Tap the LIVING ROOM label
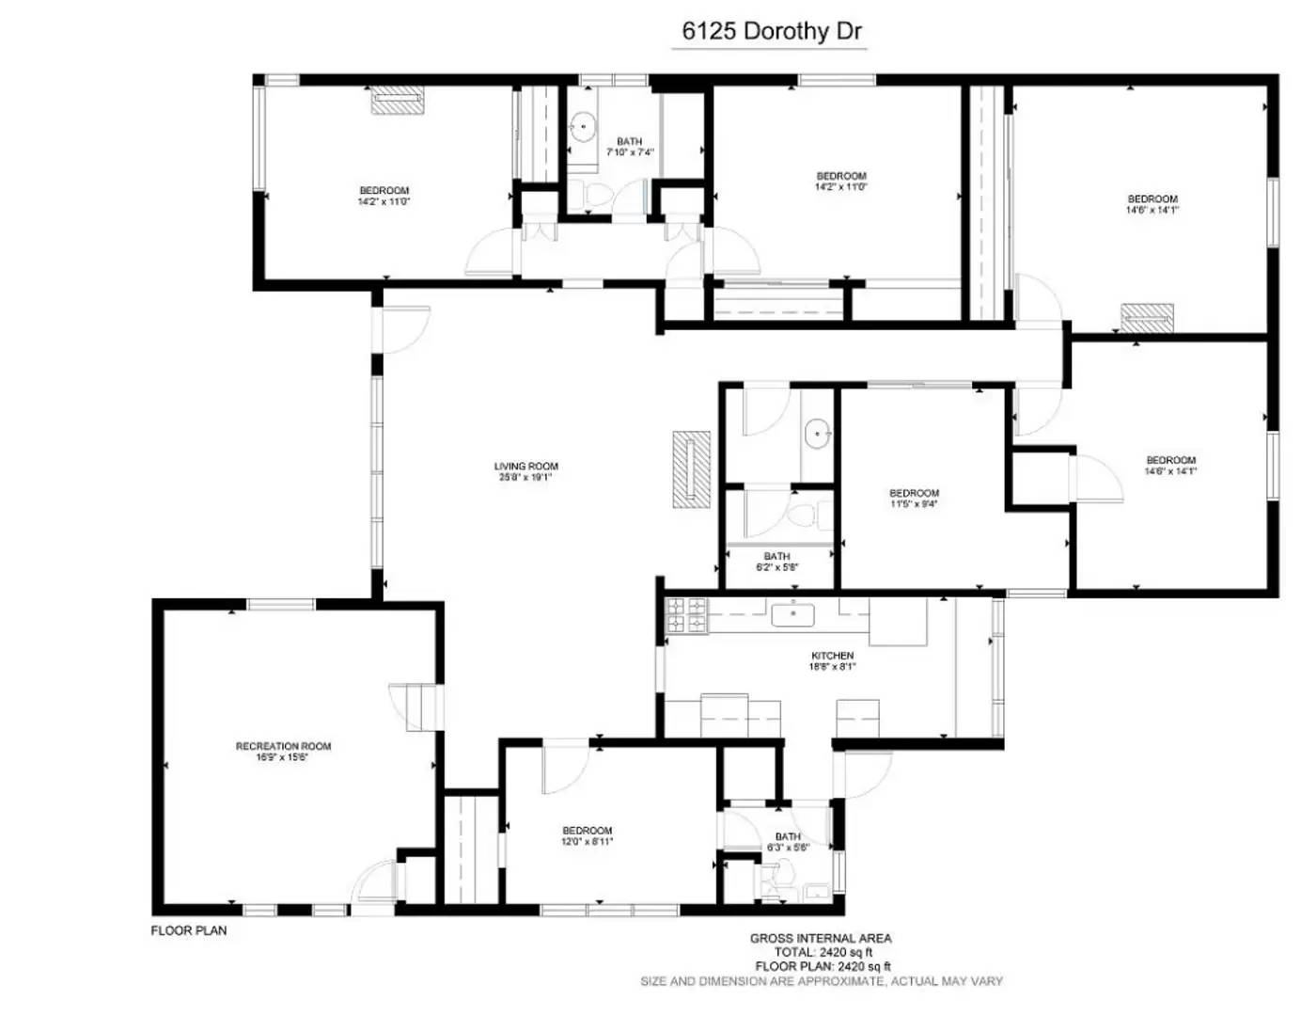pos(525,466)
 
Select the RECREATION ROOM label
pos(283,746)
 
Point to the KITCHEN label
pos(832,656)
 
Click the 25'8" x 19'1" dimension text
pos(525,477)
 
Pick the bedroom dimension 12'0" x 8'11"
pos(588,842)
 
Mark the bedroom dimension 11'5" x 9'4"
pos(914,504)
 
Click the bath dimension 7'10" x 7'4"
pos(629,152)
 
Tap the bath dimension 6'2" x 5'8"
pos(776,567)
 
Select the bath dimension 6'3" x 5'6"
pos(788,848)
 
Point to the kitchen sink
pos(793,615)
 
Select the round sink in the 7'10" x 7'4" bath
pos(584,125)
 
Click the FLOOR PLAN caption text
pos(189,930)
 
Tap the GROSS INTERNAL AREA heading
pos(821,938)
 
